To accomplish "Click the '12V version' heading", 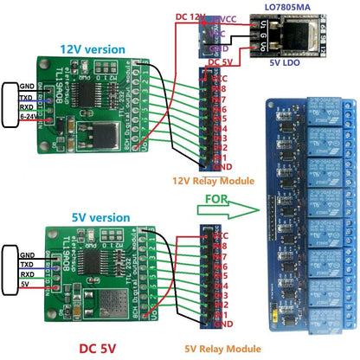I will [x=90, y=49].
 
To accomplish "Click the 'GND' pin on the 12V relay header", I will [x=220, y=166].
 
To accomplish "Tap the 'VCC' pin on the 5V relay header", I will [x=220, y=235].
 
